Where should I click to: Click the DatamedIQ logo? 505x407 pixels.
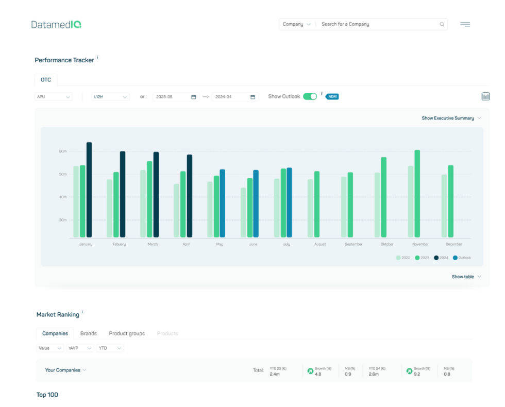tap(56, 24)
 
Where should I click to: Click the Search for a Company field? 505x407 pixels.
tap(379, 24)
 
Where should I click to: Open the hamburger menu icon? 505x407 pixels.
tap(465, 24)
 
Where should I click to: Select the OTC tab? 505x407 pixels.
tap(46, 80)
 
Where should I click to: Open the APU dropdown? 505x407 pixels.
tap(54, 97)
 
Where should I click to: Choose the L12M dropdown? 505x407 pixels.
tap(110, 97)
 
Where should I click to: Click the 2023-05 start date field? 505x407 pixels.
tap(176, 97)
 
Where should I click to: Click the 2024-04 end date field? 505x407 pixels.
tap(234, 97)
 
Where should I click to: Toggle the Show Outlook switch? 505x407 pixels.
tap(310, 96)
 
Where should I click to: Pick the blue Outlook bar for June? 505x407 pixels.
tap(256, 203)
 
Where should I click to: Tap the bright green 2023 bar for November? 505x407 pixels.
tap(417, 194)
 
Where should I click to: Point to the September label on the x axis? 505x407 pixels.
tap(353, 244)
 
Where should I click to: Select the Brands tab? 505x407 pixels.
tap(89, 333)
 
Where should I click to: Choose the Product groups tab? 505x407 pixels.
tap(127, 333)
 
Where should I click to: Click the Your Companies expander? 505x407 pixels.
tap(65, 370)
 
